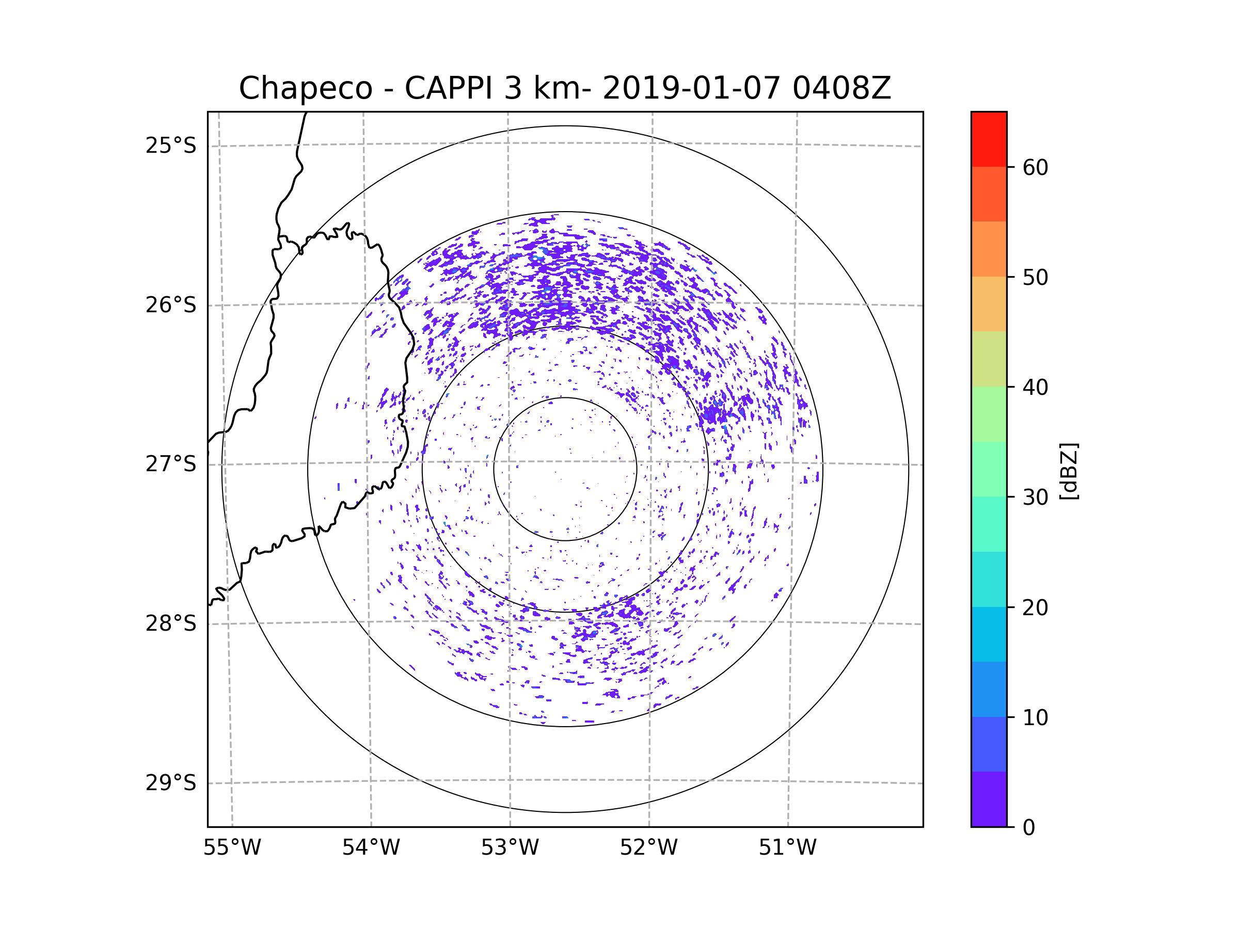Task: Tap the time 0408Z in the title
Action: point(841,88)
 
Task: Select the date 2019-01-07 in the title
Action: point(691,88)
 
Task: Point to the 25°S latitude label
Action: point(171,146)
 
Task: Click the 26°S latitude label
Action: point(171,305)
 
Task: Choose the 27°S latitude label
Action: point(171,464)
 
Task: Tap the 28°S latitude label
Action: point(171,623)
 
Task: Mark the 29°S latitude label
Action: point(171,783)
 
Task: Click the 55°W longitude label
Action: point(232,848)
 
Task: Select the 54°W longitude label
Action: point(371,848)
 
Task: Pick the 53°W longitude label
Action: point(510,848)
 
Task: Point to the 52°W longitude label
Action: point(648,848)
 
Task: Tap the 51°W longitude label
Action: point(787,848)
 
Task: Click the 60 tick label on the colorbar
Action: point(1036,167)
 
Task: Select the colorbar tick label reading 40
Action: point(1036,388)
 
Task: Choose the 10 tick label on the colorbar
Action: point(1036,718)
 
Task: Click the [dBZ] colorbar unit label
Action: point(1069,471)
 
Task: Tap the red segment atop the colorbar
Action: point(989,139)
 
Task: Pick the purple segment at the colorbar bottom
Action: point(989,799)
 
